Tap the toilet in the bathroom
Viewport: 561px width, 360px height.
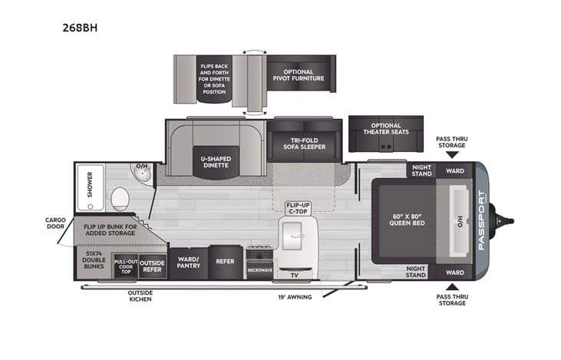click(x=120, y=200)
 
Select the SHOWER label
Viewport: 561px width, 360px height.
click(x=90, y=185)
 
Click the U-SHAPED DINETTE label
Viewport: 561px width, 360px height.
click(x=216, y=163)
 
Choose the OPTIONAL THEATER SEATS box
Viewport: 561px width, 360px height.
click(x=385, y=129)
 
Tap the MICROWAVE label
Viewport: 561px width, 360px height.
click(x=259, y=270)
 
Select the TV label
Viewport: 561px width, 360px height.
click(x=294, y=275)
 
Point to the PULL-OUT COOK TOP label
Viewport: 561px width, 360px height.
click(x=125, y=266)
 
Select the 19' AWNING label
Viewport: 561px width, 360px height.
click(x=294, y=296)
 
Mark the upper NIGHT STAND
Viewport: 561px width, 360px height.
click(x=421, y=170)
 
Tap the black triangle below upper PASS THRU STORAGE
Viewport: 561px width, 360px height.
click(x=451, y=154)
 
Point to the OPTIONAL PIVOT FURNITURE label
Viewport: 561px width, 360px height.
click(x=298, y=73)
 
